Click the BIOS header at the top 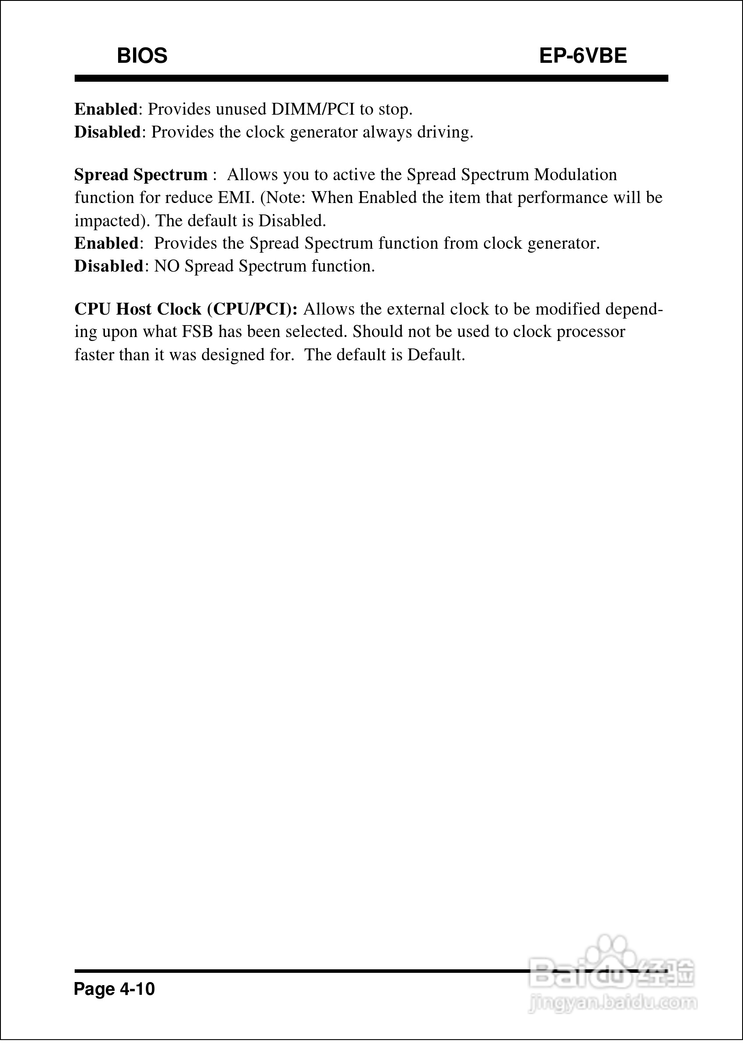click(x=142, y=56)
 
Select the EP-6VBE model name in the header click(x=582, y=56)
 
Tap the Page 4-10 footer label click(x=114, y=989)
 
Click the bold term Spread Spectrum click(x=141, y=175)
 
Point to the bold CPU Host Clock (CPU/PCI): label click(x=186, y=309)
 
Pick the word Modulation click(x=576, y=175)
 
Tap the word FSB click(x=197, y=332)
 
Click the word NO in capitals click(x=166, y=266)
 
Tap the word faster click(x=94, y=355)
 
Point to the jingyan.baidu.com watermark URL click(x=613, y=1003)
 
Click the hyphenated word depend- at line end click(x=634, y=309)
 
